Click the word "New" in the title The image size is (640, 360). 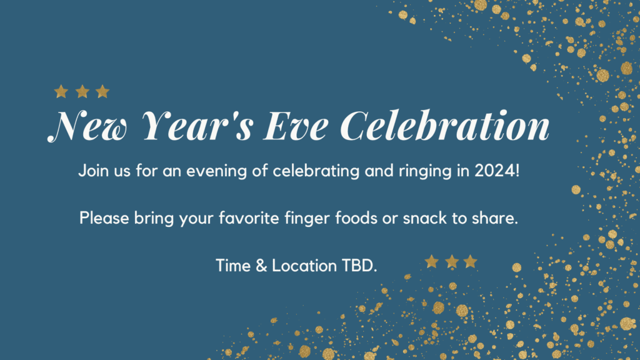tap(88, 126)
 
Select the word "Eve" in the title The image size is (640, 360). tap(296, 126)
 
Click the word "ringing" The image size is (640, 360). tap(425, 171)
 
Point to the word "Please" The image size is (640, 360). tap(104, 218)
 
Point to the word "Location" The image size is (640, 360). tap(304, 266)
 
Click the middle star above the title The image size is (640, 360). tap(82, 91)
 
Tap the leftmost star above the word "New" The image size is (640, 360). tap(61, 91)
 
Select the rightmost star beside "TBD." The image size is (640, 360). tap(470, 262)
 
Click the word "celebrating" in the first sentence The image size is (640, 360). tap(316, 171)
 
